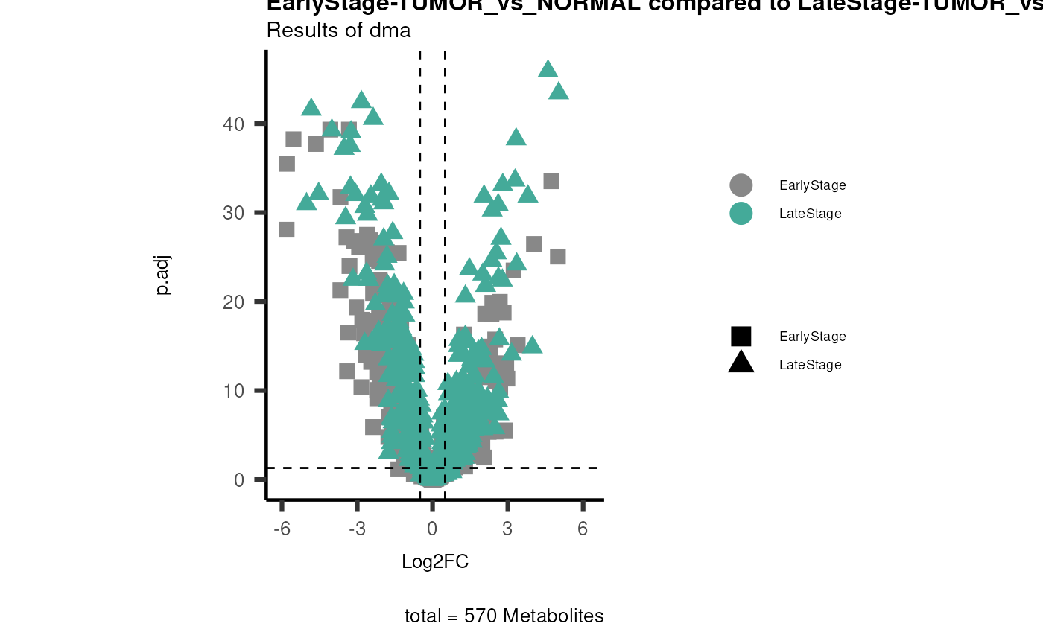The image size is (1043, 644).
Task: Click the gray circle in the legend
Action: (x=741, y=185)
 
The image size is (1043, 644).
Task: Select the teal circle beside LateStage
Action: (x=741, y=214)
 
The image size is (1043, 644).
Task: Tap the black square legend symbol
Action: (x=741, y=337)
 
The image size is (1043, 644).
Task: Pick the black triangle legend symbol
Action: (x=741, y=363)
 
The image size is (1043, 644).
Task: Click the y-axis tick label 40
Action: (x=233, y=124)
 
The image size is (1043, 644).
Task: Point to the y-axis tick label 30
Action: (x=233, y=213)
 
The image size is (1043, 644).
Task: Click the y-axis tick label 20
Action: (x=233, y=302)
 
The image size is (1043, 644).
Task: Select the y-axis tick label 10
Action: (x=233, y=391)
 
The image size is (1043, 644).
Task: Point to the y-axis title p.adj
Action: (x=163, y=275)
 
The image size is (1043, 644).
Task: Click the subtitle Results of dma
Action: (x=338, y=31)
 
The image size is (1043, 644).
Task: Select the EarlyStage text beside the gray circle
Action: (x=812, y=185)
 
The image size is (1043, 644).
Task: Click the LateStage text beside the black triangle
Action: (x=810, y=365)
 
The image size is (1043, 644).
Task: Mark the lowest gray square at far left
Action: (x=287, y=229)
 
